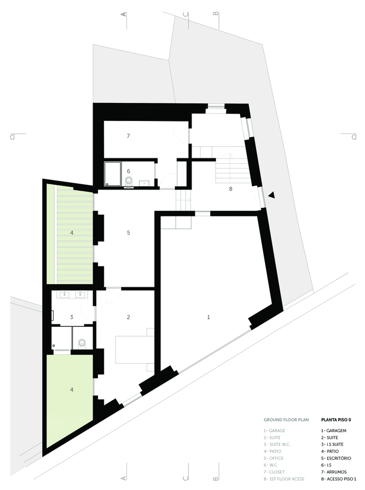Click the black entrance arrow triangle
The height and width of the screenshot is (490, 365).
tap(271, 195)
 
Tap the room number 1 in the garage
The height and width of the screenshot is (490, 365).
tap(208, 317)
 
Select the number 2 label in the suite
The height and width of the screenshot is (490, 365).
tap(128, 317)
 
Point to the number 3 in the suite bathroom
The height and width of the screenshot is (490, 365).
tap(72, 317)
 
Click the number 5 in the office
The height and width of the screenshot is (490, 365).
tap(128, 232)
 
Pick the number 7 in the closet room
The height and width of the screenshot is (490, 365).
tap(128, 136)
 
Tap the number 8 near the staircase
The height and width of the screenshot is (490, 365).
tap(231, 189)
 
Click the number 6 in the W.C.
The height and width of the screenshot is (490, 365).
tap(128, 171)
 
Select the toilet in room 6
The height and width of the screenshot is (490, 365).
tap(129, 182)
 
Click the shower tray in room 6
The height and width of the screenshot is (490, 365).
tap(113, 174)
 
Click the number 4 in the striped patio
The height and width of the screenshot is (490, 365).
tap(72, 232)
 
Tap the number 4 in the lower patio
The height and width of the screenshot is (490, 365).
tap(72, 390)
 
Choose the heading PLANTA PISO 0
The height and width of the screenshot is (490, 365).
tap(336, 420)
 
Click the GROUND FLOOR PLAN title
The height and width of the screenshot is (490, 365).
tap(286, 420)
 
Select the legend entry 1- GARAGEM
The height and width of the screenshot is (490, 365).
tap(334, 431)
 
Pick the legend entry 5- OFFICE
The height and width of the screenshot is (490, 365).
tap(273, 458)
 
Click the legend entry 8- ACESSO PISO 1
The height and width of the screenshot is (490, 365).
tap(339, 479)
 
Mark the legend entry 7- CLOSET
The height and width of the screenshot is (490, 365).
tap(274, 472)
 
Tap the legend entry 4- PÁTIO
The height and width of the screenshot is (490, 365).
tap(330, 451)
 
